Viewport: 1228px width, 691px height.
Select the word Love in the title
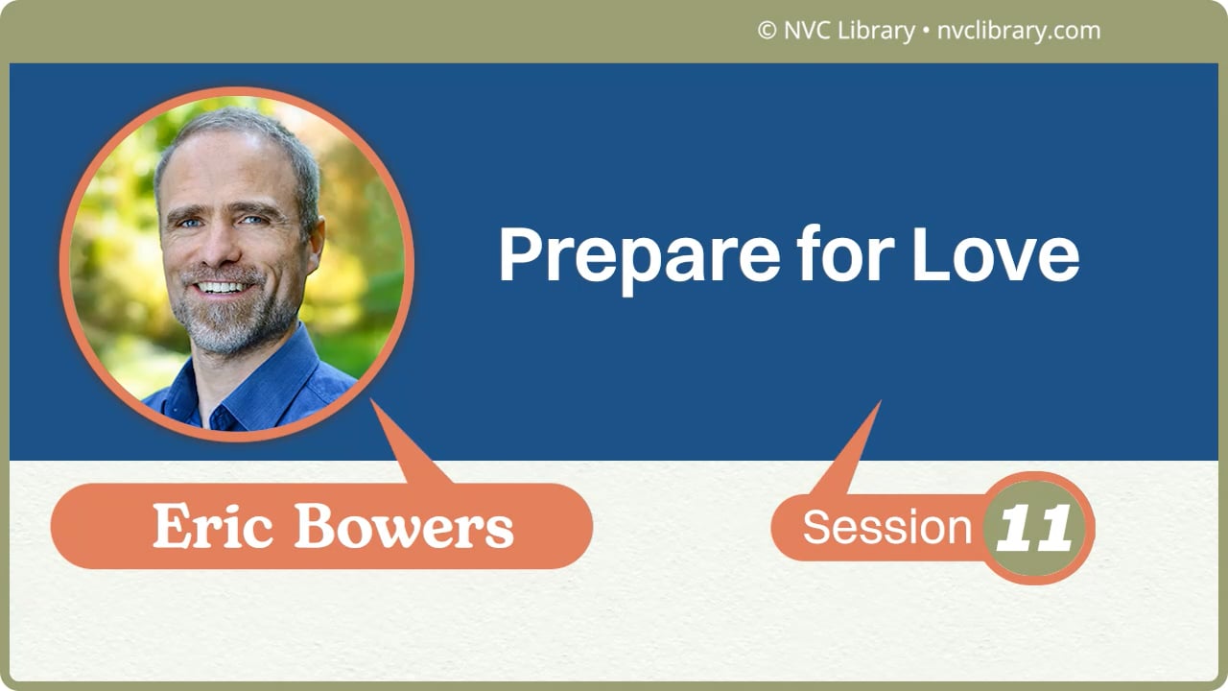pyautogui.click(x=995, y=255)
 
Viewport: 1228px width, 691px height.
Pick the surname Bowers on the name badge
pyautogui.click(x=403, y=527)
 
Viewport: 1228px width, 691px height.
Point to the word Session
pyautogui.click(x=887, y=527)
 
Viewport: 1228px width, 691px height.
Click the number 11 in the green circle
pyautogui.click(x=1034, y=528)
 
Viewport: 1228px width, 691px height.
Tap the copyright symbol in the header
pyautogui.click(x=767, y=31)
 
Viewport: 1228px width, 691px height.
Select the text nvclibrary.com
pyautogui.click(x=1018, y=31)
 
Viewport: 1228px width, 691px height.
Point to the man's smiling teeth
pyautogui.click(x=223, y=287)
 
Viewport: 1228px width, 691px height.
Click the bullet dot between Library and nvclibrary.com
pyautogui.click(x=925, y=32)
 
